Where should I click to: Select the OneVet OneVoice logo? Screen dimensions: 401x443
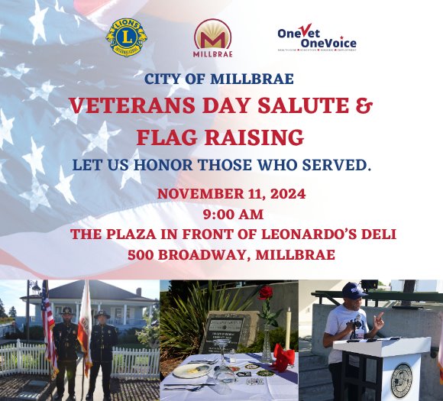tap(316, 37)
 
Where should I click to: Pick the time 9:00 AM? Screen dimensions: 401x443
tap(221, 214)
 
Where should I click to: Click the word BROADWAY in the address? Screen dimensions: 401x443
tap(213, 254)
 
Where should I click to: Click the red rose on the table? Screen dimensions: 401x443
tap(266, 293)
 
